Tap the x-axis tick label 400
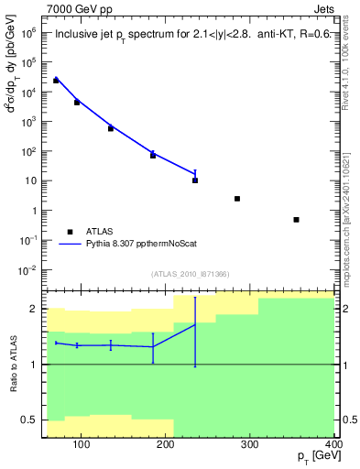pos(333,446)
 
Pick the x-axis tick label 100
pos(81,446)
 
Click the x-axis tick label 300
pos(249,446)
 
